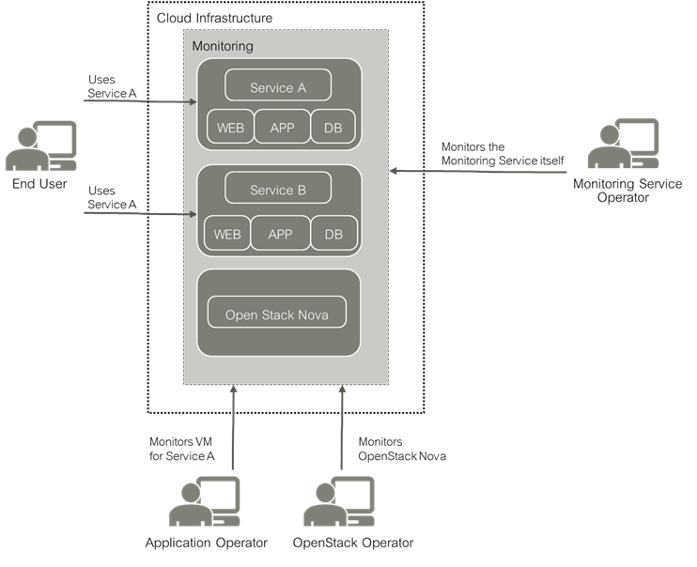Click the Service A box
pos(278,88)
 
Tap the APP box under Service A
pos(282,128)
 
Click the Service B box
pos(278,190)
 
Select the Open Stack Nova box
pos(278,314)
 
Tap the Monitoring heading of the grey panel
pos(222,45)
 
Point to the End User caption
pos(39,184)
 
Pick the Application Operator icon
pos(205,501)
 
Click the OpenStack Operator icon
pos(339,501)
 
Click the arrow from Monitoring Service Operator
pos(479,171)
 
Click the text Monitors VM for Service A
pos(182,449)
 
